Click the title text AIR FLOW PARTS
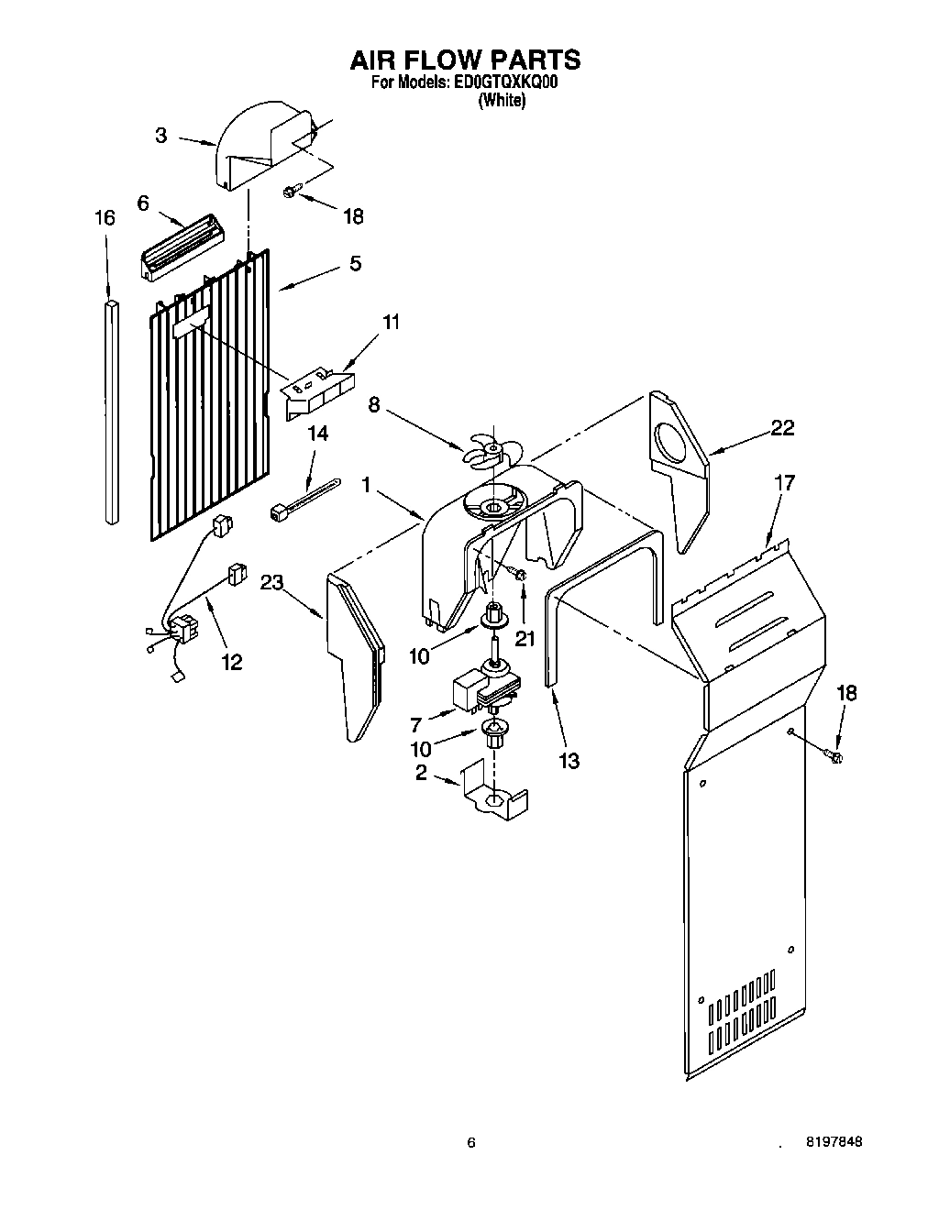(x=465, y=60)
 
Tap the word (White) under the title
(x=503, y=102)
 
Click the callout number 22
(x=782, y=427)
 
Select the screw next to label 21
(x=518, y=575)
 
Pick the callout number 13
(x=569, y=761)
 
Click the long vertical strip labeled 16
(x=111, y=412)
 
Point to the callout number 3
(x=161, y=136)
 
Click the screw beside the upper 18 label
(x=291, y=191)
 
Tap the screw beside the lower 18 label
(x=834, y=754)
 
